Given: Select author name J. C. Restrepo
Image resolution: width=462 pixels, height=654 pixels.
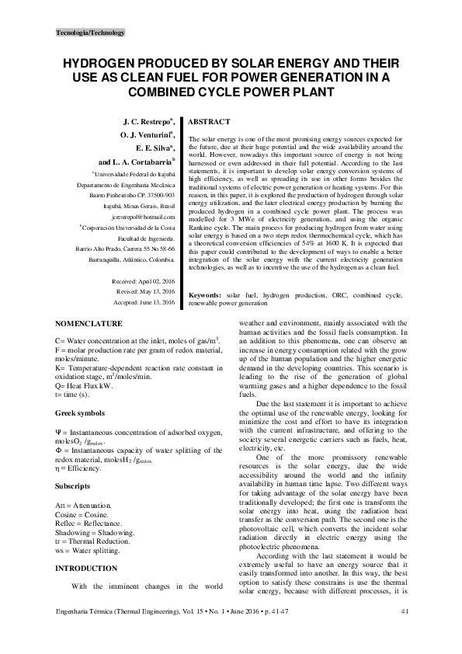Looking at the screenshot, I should (x=149, y=123).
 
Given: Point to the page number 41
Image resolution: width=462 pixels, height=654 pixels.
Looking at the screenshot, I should (x=405, y=635).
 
